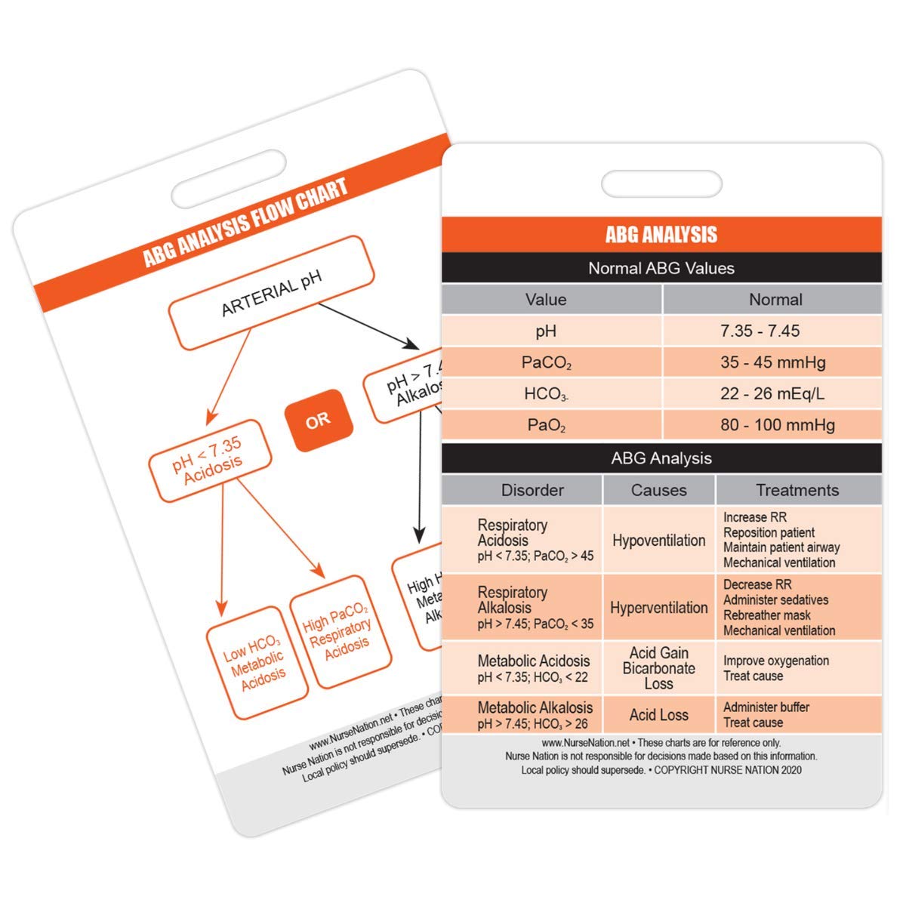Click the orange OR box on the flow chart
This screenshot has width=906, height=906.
318,421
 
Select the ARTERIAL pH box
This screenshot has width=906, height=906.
271,293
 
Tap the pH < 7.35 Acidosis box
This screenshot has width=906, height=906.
209,461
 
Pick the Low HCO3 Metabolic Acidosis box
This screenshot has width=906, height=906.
257,662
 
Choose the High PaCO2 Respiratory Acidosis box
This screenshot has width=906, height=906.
341,632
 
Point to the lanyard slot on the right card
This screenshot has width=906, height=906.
661,183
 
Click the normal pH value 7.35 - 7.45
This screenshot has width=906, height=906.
760,331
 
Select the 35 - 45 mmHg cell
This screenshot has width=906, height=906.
772,362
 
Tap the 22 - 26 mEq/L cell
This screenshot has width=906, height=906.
772,393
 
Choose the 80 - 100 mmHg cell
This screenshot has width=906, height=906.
777,425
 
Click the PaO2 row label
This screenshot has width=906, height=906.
547,426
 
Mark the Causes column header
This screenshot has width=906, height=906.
658,490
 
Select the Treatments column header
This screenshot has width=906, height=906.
797,490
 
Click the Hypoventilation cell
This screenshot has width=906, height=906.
658,541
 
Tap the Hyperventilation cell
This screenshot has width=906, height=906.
658,608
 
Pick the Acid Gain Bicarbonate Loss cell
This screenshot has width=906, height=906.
658,668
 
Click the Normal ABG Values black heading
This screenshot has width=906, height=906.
661,268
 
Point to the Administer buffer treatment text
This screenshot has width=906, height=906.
766,707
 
